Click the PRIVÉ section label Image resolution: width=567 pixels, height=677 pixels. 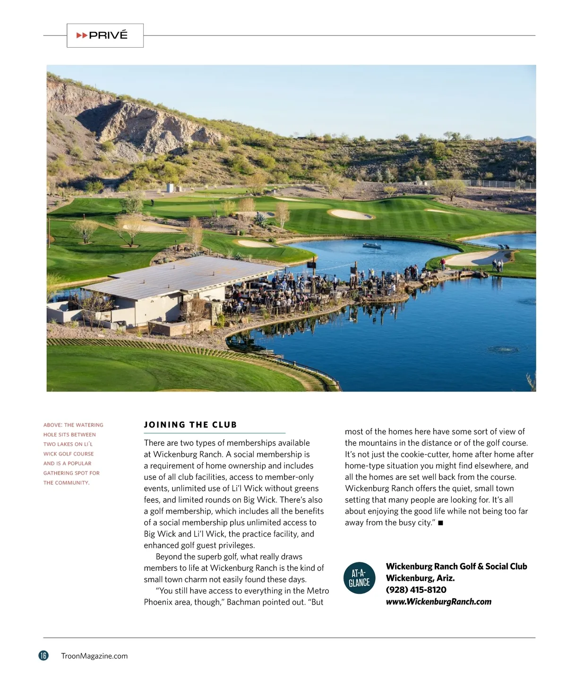[x=108, y=35]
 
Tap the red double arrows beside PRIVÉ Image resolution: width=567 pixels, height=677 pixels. [x=82, y=35]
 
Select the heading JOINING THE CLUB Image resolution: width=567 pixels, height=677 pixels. [x=190, y=425]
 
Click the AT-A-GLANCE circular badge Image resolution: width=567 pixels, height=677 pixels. [x=359, y=578]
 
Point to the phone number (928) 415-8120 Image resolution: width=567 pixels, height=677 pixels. [x=416, y=590]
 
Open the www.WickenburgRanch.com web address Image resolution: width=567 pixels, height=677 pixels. [x=438, y=601]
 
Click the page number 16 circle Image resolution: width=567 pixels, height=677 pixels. [x=43, y=655]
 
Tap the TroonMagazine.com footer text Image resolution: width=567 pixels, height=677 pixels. [x=94, y=656]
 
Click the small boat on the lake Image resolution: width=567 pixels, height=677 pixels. [x=372, y=246]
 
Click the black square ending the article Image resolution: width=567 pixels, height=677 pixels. [x=440, y=523]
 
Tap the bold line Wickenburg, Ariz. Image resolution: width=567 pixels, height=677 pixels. [x=420, y=578]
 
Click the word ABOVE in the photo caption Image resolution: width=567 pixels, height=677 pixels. [x=52, y=425]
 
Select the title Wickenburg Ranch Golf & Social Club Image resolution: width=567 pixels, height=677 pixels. [x=456, y=566]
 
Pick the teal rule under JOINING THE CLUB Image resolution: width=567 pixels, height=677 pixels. [x=215, y=433]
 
